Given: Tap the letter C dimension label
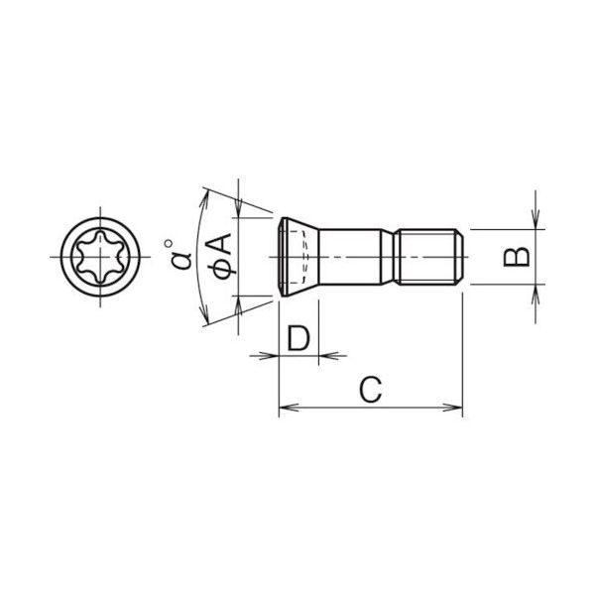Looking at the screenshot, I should pos(369,391).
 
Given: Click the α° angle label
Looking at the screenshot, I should pos(179,256).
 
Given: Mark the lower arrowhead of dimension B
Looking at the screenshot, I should pos(535,292).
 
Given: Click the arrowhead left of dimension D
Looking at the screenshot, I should pos(271,354).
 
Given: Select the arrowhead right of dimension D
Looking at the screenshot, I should pos(326,354).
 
